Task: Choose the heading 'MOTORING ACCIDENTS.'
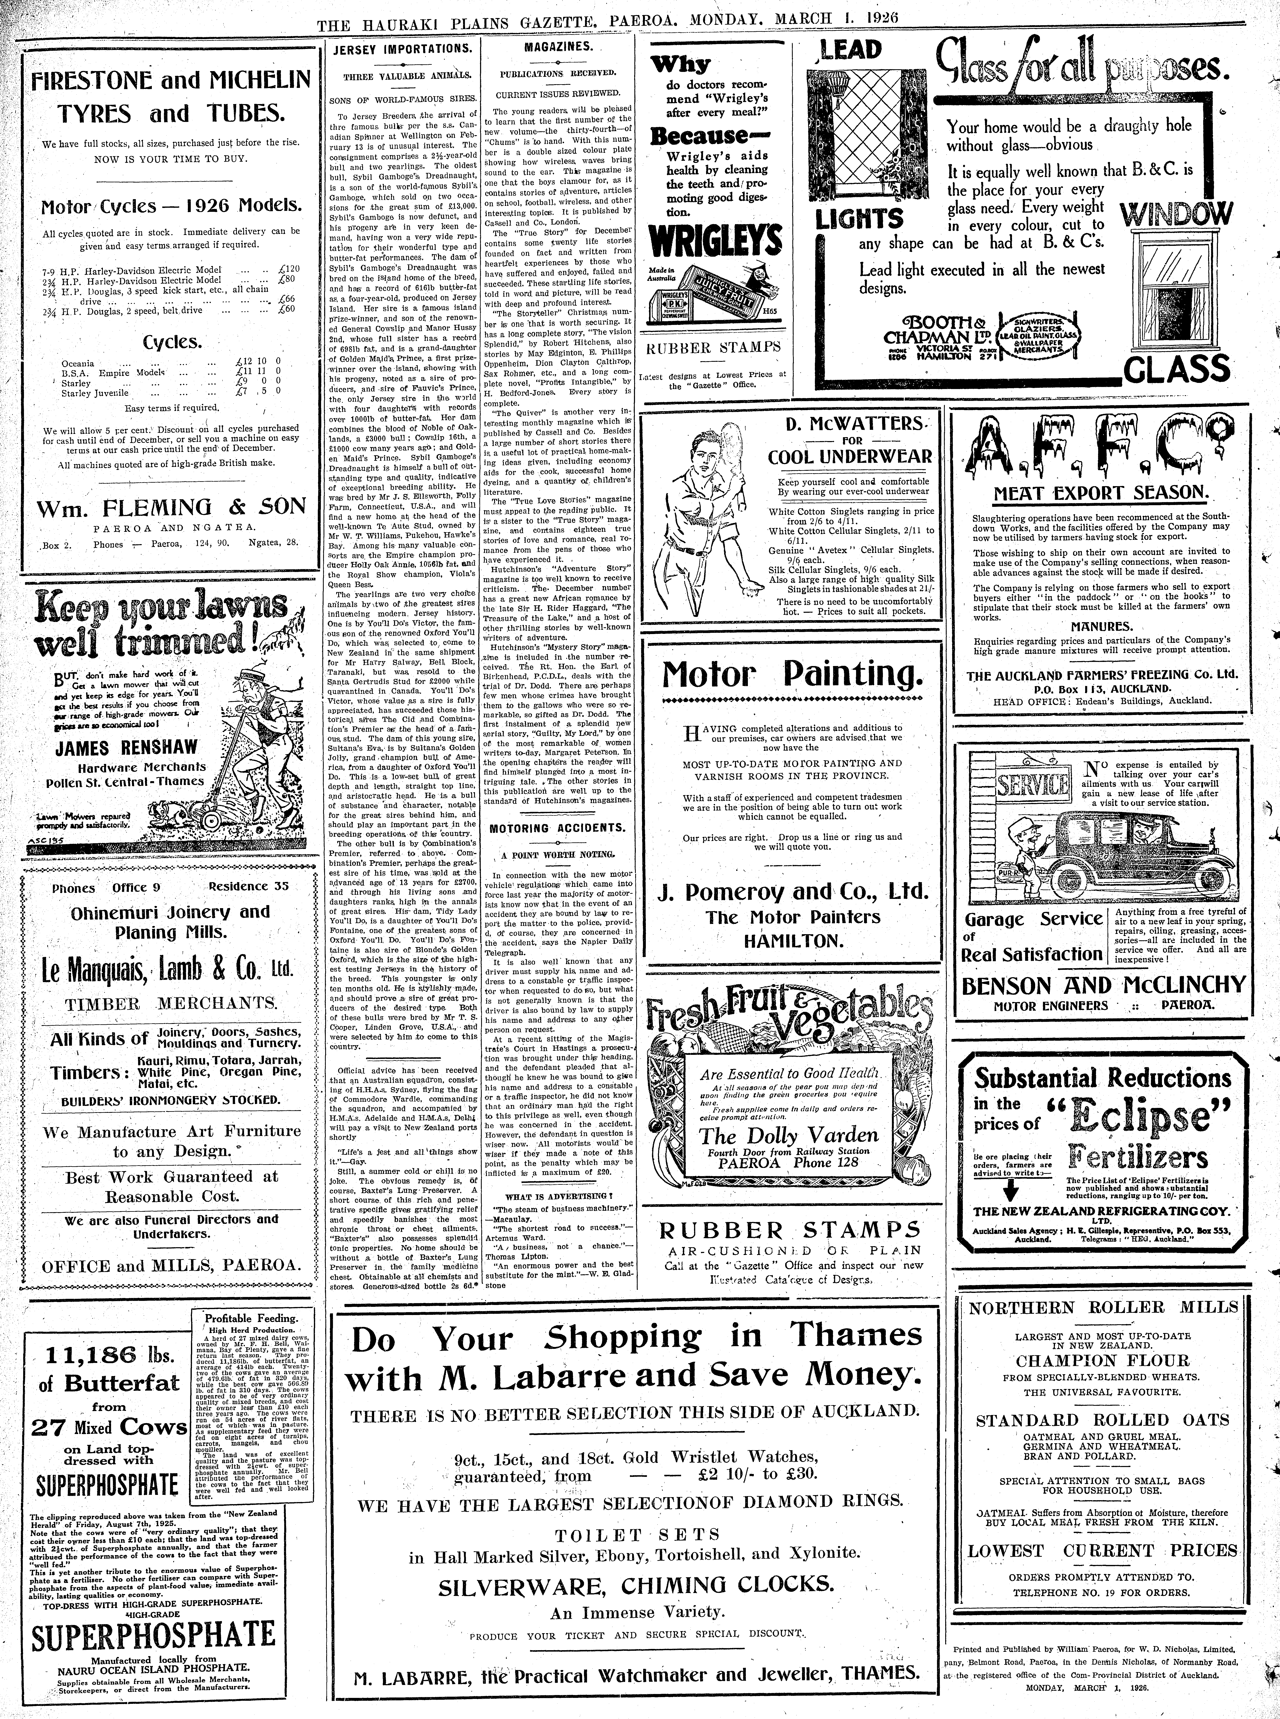point(558,827)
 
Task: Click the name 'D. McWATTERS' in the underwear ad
point(850,424)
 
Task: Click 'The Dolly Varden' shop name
point(789,1136)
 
